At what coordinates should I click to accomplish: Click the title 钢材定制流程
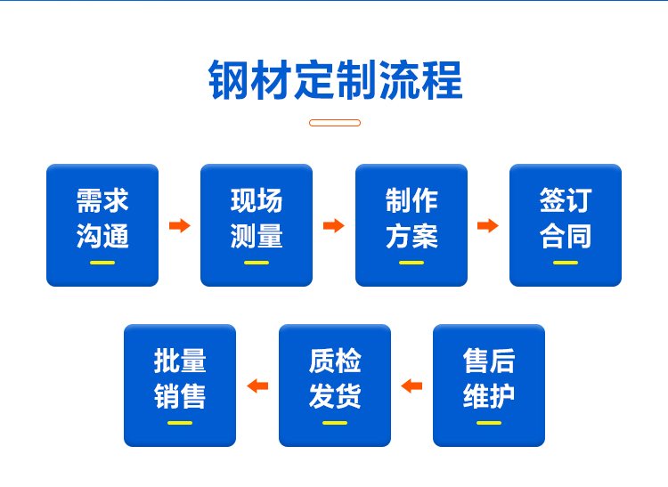pos(335,81)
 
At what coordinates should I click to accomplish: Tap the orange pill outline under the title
pos(335,123)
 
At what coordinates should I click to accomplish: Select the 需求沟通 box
pos(102,225)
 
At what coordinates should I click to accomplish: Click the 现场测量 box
pos(257,225)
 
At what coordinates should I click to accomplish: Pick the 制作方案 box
pos(411,225)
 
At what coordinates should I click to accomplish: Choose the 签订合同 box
pos(566,225)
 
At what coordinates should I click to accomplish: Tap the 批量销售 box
pos(180,385)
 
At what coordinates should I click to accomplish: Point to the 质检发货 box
pos(335,385)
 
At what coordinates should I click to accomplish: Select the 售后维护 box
pos(489,385)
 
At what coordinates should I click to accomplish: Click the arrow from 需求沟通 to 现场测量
pos(180,225)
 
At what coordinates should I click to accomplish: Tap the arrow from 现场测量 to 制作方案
pos(334,225)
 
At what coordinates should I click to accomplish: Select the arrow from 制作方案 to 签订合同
pos(488,225)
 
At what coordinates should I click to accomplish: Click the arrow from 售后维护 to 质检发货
pos(411,386)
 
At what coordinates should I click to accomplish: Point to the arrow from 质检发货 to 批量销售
pos(257,386)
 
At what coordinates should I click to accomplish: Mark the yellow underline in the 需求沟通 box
pos(102,263)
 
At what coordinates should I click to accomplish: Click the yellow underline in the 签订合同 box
pos(566,263)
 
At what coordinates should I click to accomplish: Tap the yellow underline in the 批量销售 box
pos(180,422)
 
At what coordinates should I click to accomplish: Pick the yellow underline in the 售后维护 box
pos(489,422)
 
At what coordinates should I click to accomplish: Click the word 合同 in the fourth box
pos(566,238)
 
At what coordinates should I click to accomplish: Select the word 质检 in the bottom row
pos(335,361)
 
